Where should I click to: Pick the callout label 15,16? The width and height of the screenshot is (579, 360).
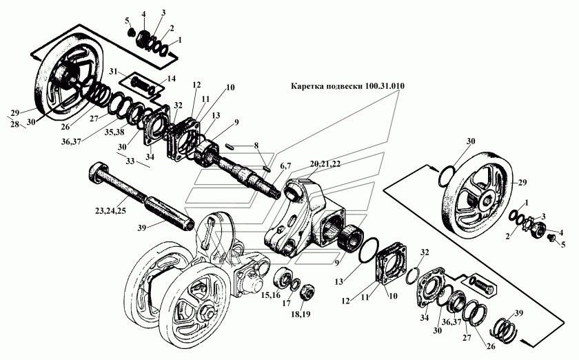(269, 295)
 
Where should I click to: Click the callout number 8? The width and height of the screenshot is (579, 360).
(256, 146)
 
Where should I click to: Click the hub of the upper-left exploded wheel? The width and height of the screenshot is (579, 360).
(68, 75)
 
